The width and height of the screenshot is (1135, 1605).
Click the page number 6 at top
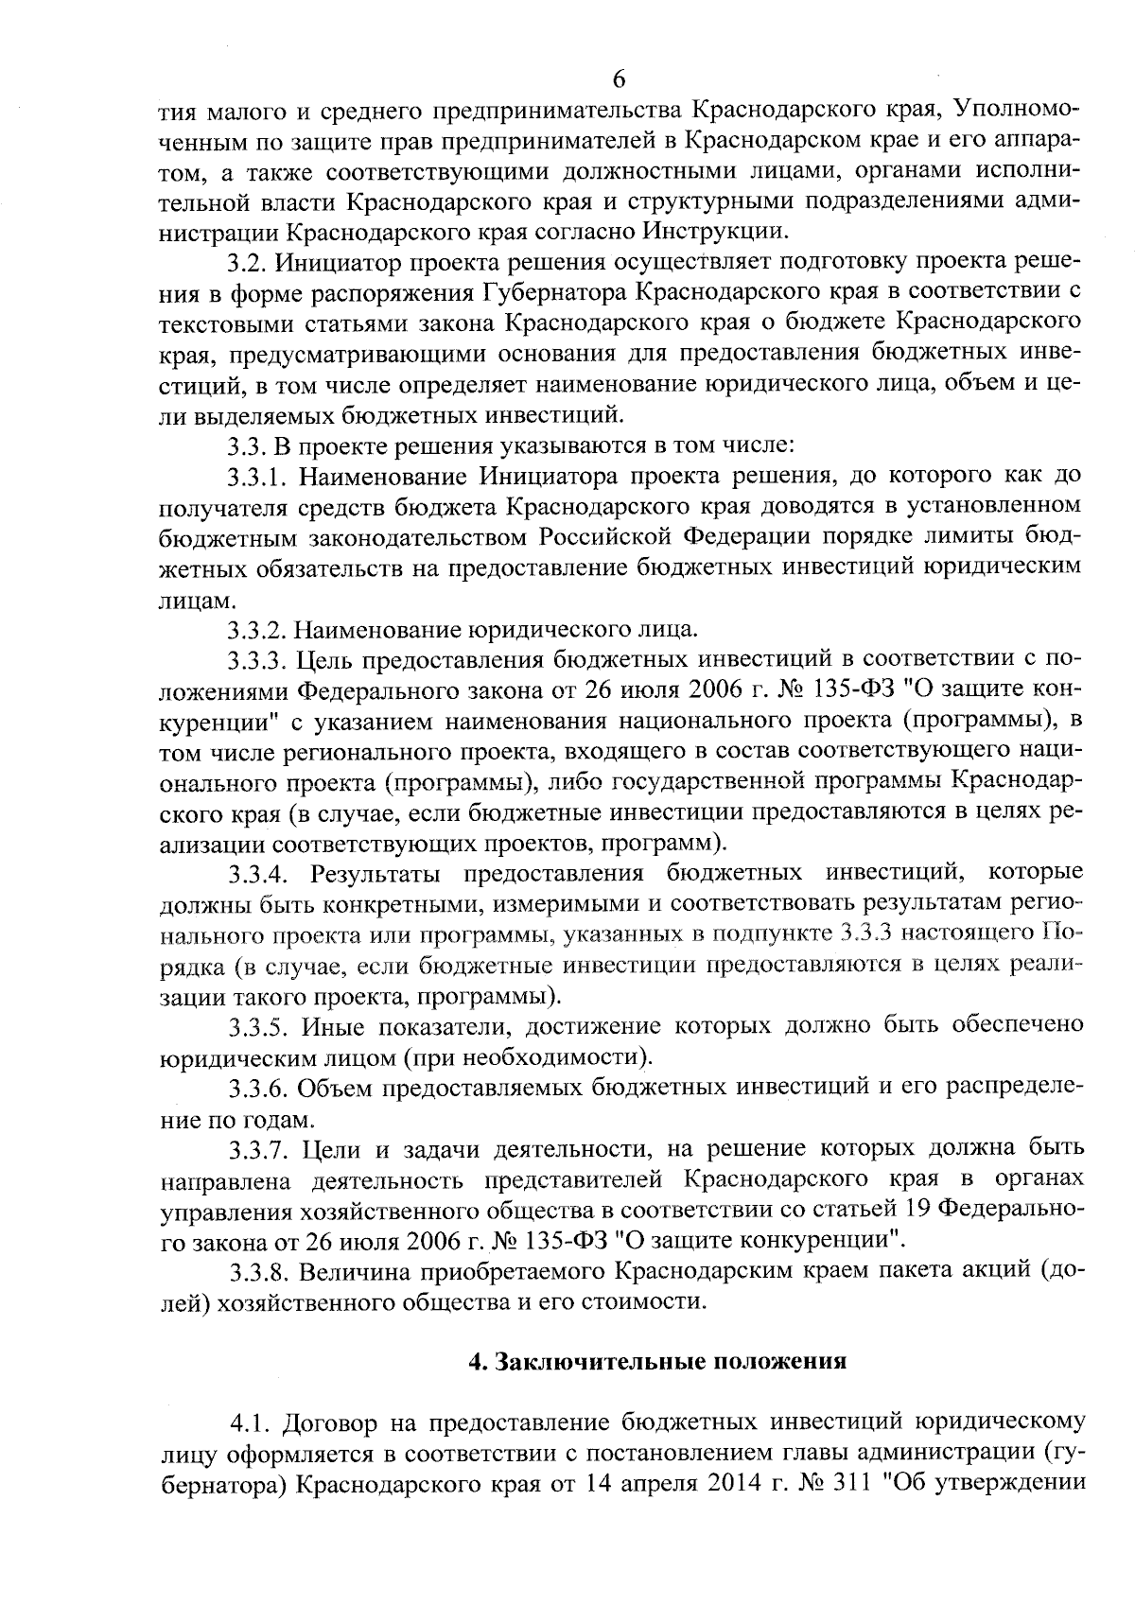coord(620,78)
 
